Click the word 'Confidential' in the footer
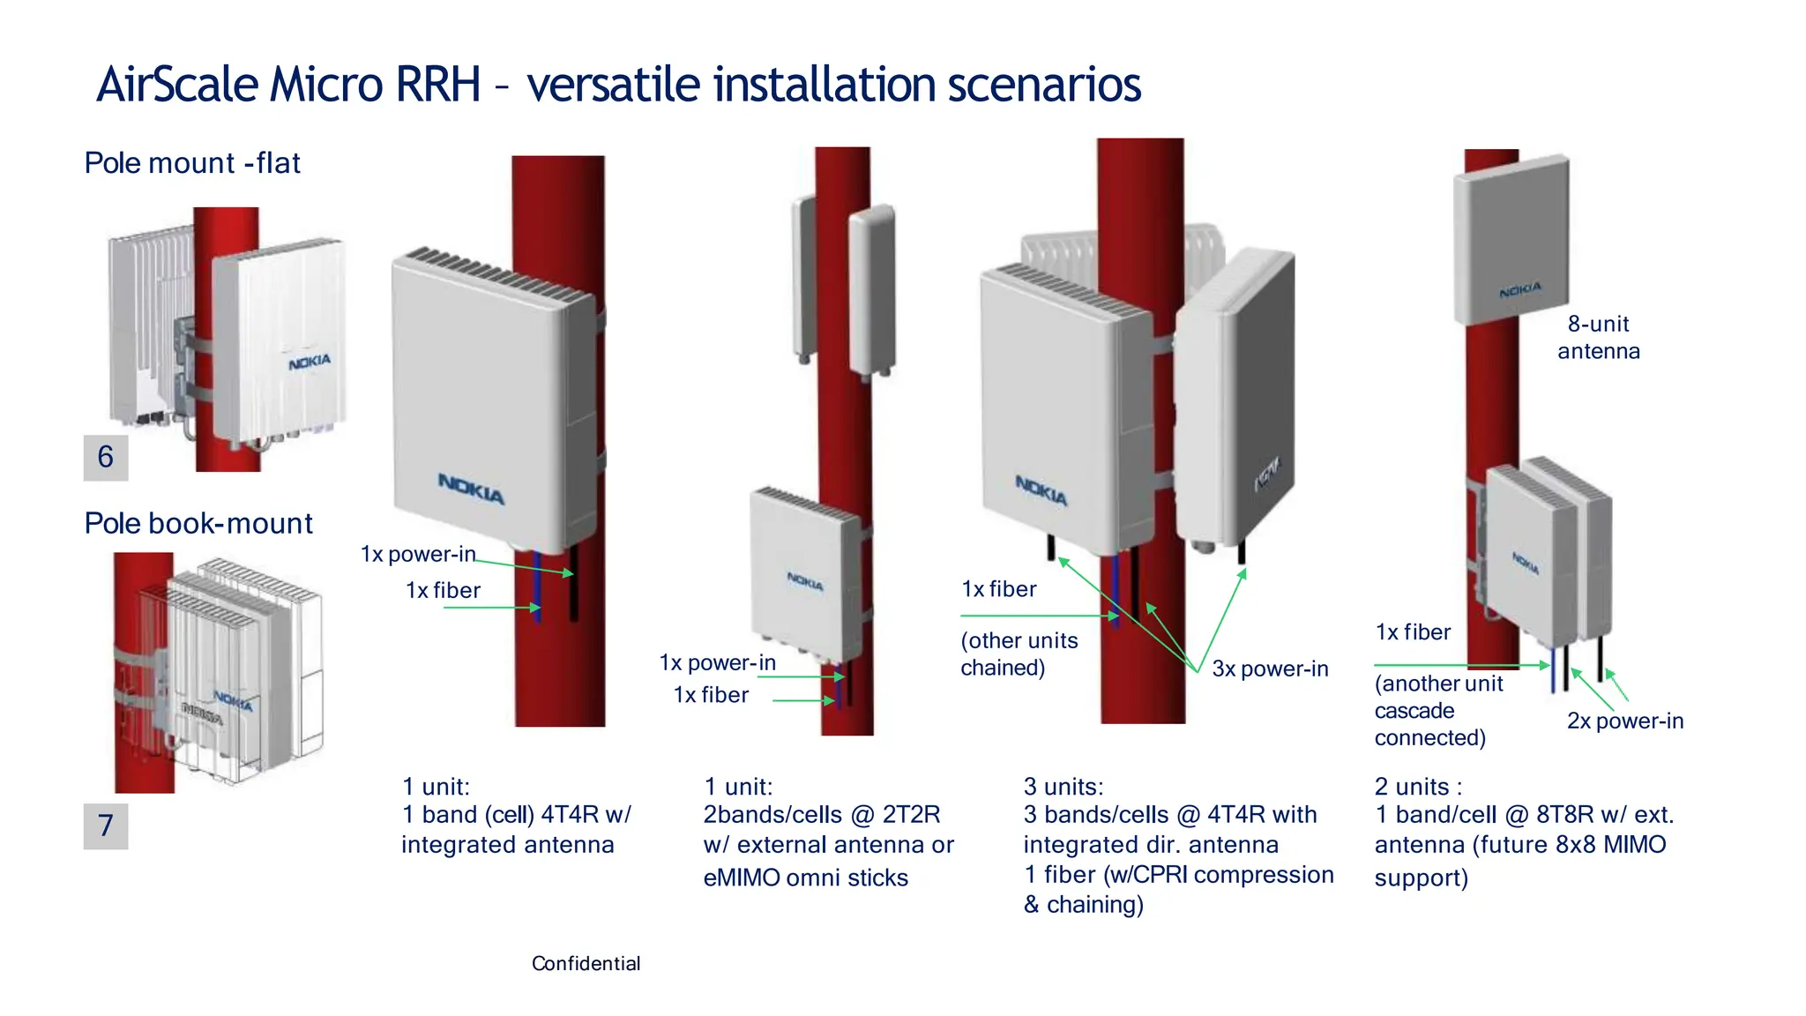(586, 963)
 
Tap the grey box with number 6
(106, 457)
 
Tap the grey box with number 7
(106, 825)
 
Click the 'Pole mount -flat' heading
(192, 163)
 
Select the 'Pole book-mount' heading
(198, 523)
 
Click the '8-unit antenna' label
(1598, 338)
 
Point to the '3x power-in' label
(1270, 669)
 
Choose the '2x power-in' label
(1624, 721)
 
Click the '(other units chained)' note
(1019, 654)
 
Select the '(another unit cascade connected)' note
(1437, 710)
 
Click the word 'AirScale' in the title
(177, 85)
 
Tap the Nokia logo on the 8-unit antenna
(1520, 290)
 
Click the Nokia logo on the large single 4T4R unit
(471, 489)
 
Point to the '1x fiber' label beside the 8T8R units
(1413, 632)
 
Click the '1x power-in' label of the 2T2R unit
(717, 662)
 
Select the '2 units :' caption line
(1418, 787)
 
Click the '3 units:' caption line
(1063, 787)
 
